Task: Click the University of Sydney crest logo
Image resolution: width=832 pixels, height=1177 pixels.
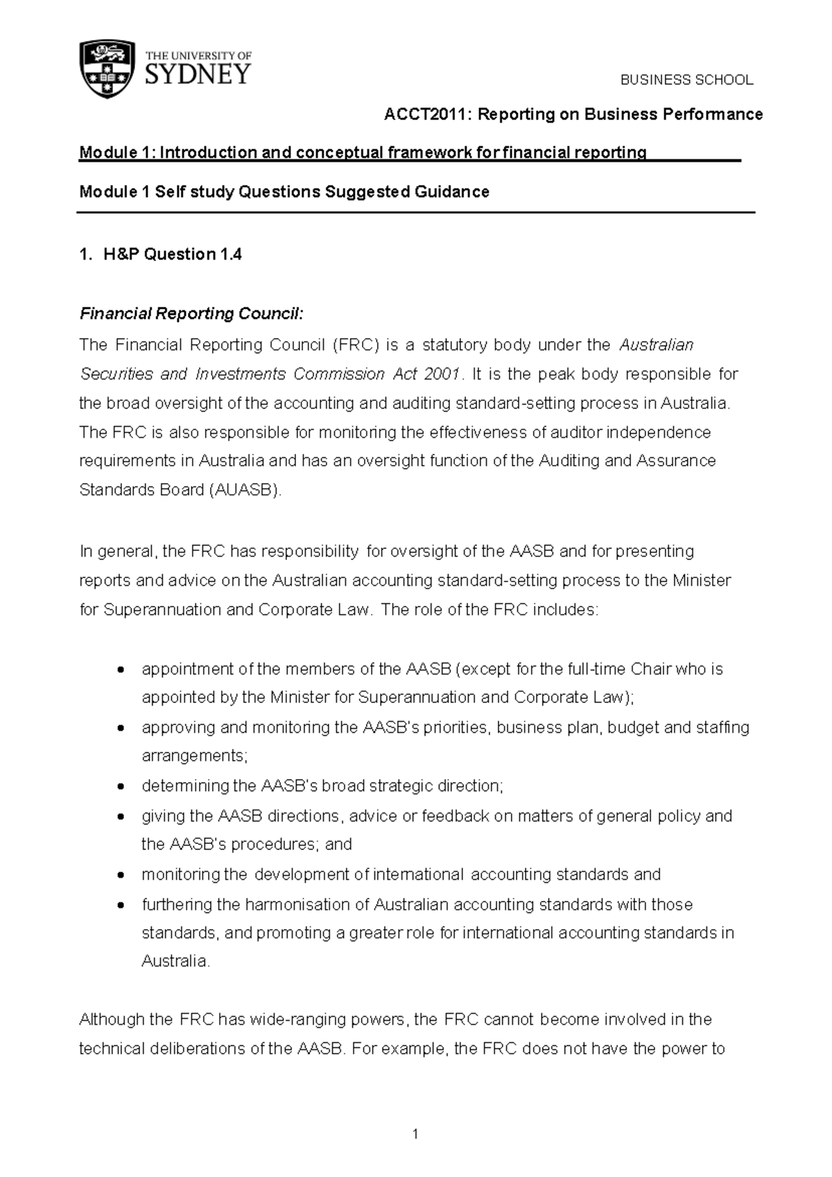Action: pyautogui.click(x=107, y=69)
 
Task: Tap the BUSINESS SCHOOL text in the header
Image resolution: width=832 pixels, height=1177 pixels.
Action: pyautogui.click(x=686, y=80)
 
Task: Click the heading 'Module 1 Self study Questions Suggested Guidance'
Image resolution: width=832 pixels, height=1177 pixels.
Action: pyautogui.click(x=284, y=192)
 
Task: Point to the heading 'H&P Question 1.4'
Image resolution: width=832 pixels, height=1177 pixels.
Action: pyautogui.click(x=172, y=255)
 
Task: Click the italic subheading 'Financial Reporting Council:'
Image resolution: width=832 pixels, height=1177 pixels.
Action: pyautogui.click(x=191, y=314)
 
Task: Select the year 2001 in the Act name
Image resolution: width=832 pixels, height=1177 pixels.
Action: pyautogui.click(x=442, y=374)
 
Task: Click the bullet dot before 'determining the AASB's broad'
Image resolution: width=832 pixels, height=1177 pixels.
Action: pyautogui.click(x=121, y=787)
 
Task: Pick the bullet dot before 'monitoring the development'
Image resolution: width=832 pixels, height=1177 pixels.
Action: pyautogui.click(x=121, y=875)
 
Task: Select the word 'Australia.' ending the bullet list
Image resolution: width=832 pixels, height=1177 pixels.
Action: pyautogui.click(x=175, y=962)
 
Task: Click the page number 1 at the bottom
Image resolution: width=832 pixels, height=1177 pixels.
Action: pyautogui.click(x=415, y=1135)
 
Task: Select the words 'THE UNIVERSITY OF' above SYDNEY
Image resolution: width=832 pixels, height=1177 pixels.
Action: pyautogui.click(x=198, y=55)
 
